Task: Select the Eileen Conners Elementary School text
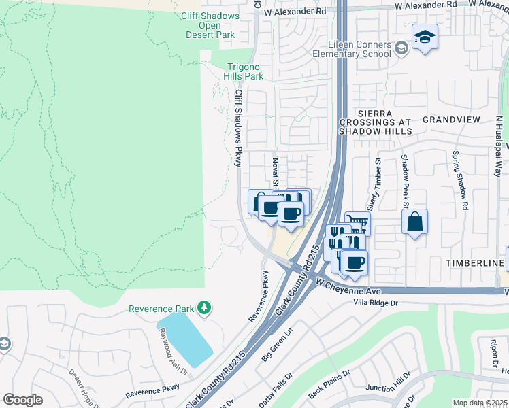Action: (x=352, y=49)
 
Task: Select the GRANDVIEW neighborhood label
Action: (x=451, y=119)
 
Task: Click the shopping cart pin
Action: (x=357, y=222)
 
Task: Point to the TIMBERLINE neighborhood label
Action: (x=474, y=262)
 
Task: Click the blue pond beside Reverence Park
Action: (x=185, y=339)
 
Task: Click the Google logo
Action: (x=22, y=400)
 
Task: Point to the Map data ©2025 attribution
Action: (x=480, y=403)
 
